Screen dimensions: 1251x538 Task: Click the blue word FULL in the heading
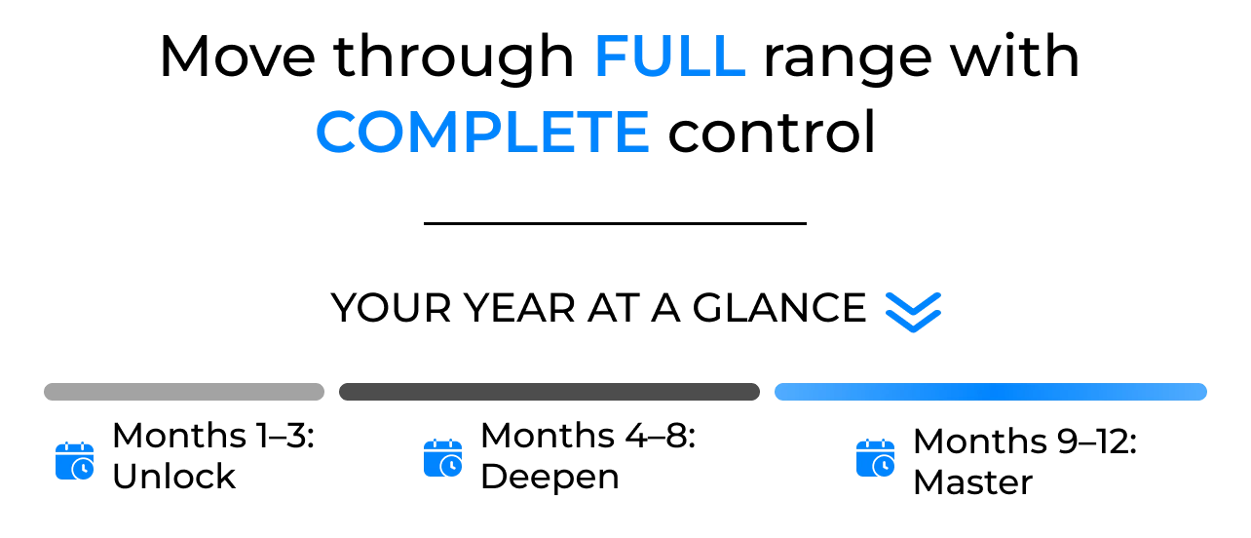click(669, 57)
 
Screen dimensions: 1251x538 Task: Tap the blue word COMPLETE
click(482, 132)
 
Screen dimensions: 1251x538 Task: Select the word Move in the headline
click(238, 57)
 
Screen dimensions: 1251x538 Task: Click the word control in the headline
click(772, 132)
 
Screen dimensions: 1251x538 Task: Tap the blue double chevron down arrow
click(913, 312)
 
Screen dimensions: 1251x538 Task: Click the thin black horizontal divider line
click(615, 223)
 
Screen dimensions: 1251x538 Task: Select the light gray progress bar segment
click(184, 392)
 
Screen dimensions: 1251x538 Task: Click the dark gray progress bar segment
click(549, 392)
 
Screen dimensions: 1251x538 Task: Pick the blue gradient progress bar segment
click(990, 392)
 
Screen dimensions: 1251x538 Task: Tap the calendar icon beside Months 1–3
click(75, 461)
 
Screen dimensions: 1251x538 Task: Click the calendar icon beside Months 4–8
click(443, 458)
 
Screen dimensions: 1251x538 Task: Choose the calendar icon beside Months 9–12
click(875, 458)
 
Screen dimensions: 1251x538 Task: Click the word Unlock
click(173, 477)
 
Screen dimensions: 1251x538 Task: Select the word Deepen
click(550, 478)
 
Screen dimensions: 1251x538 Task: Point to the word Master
click(973, 482)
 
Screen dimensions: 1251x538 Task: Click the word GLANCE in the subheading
click(779, 308)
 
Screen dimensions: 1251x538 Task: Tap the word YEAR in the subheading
click(519, 308)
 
